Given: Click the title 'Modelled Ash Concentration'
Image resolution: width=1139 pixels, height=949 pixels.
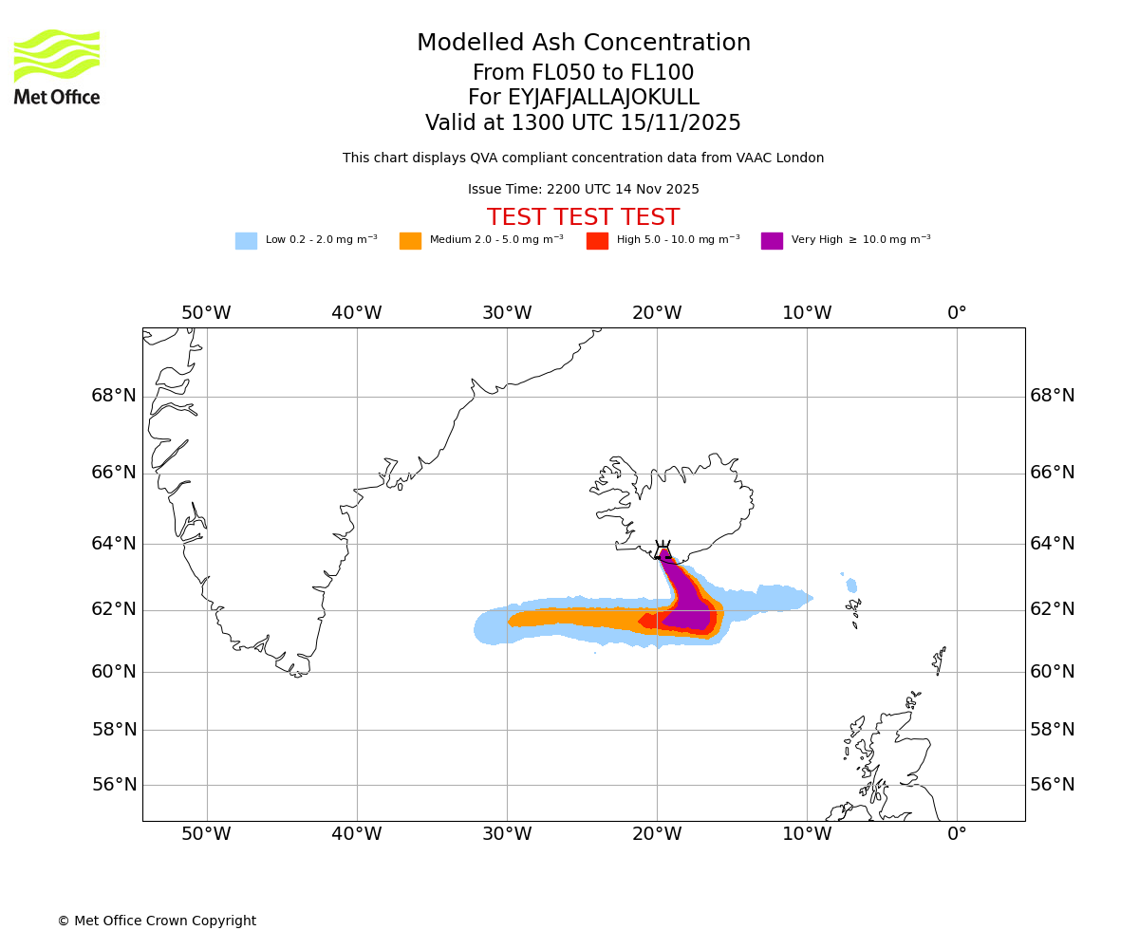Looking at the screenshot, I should (x=584, y=44).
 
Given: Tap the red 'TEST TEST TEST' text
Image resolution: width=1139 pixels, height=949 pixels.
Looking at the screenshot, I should (x=583, y=218).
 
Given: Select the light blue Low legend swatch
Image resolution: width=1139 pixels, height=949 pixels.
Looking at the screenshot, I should (x=246, y=241).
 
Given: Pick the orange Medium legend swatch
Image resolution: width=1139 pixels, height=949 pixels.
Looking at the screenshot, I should (x=410, y=241).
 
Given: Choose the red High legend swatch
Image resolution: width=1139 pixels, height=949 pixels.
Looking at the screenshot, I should (x=597, y=241).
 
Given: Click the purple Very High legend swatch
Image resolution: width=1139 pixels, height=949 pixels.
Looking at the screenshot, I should (x=772, y=241).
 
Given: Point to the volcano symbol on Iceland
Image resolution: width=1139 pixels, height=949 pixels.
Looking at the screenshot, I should (x=663, y=550).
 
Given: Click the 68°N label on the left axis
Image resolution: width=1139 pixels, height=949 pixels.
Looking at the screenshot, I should (x=114, y=396).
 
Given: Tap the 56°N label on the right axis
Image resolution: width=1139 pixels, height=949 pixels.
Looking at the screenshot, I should (x=1053, y=785).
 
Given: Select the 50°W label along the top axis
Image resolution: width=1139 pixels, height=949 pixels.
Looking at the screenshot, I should (x=206, y=313).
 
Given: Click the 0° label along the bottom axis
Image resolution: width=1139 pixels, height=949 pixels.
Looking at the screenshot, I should (x=957, y=834).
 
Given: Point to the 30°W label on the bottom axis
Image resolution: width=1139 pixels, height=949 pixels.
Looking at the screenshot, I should (x=507, y=834).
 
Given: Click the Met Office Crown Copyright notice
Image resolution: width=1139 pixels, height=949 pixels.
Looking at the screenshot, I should (x=157, y=921).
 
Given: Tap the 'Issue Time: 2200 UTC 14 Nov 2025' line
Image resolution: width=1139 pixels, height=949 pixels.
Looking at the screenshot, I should (x=583, y=190).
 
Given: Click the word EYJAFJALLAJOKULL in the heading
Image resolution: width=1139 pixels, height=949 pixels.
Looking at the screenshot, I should (x=604, y=98).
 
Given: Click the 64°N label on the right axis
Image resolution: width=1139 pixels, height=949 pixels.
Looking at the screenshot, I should (x=1053, y=544).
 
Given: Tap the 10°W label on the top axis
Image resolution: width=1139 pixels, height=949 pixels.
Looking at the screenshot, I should (x=807, y=313).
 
